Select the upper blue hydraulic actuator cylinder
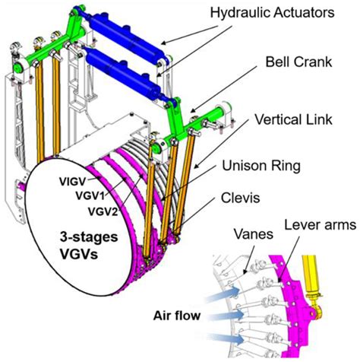tap(126, 31)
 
